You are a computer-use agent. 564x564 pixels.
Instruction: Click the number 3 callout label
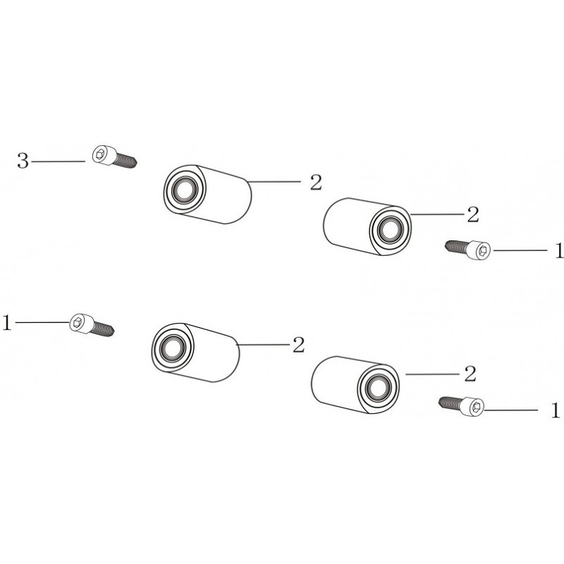click(23, 161)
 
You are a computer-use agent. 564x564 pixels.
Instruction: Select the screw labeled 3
click(114, 157)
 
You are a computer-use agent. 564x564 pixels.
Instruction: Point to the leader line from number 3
click(59, 161)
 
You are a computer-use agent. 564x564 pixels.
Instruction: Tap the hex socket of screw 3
click(100, 154)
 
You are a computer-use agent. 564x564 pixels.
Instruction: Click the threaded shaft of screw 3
click(125, 161)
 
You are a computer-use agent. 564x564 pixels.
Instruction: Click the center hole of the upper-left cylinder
click(185, 189)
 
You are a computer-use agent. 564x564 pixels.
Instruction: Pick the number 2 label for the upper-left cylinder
click(316, 182)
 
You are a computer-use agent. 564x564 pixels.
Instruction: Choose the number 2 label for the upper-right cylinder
click(472, 215)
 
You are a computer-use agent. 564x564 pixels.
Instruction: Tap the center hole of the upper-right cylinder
click(391, 228)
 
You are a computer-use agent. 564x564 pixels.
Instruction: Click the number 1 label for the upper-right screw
click(559, 250)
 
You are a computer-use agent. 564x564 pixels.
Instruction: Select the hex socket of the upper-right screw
click(483, 250)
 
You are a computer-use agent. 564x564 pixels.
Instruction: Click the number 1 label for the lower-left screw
click(7, 322)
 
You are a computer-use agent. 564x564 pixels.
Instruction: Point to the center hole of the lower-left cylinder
click(173, 348)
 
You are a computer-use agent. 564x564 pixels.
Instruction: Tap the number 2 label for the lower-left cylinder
click(298, 345)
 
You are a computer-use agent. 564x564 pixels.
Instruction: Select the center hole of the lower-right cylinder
click(378, 387)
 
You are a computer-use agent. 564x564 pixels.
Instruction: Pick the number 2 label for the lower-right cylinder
click(470, 374)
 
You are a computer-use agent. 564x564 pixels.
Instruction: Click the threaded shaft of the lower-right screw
click(450, 404)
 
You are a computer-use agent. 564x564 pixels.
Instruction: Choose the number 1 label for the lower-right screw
click(556, 410)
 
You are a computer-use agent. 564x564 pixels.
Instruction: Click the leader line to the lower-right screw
click(511, 410)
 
